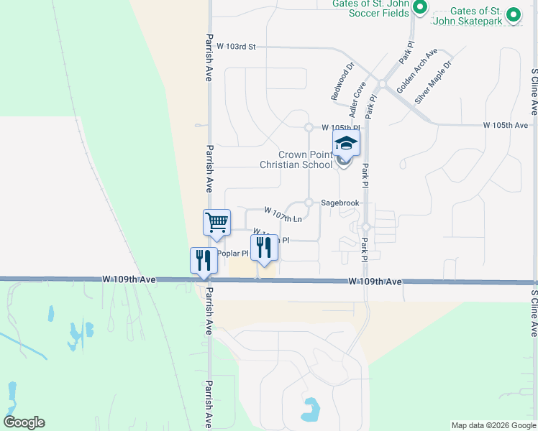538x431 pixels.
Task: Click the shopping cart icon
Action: (x=216, y=223)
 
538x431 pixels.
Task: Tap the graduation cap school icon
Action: (x=346, y=143)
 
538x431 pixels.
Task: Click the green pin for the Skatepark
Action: (x=513, y=14)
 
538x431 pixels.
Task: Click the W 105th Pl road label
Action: (x=340, y=126)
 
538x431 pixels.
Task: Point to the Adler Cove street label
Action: (x=357, y=100)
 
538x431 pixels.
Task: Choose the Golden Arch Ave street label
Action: (x=416, y=69)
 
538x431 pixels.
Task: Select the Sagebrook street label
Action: (x=339, y=203)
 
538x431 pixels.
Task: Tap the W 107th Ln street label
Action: (x=282, y=215)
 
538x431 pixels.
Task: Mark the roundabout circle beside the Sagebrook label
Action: (x=309, y=203)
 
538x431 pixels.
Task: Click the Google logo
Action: (x=24, y=422)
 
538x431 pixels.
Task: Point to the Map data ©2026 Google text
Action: (x=493, y=425)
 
